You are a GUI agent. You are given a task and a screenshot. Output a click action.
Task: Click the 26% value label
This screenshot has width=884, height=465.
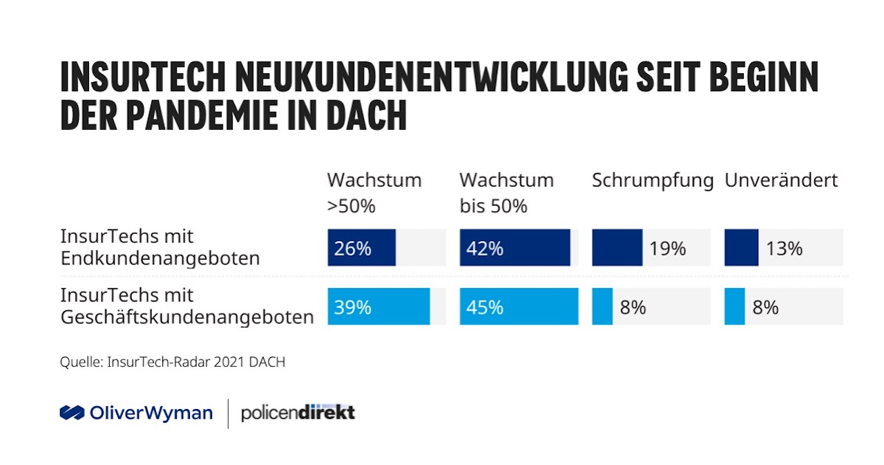click(x=353, y=248)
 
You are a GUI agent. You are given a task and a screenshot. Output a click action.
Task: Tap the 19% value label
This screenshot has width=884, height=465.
click(x=667, y=248)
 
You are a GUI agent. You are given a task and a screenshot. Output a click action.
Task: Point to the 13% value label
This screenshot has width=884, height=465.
click(x=784, y=248)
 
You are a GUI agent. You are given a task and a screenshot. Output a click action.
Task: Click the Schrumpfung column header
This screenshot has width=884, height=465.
click(x=652, y=181)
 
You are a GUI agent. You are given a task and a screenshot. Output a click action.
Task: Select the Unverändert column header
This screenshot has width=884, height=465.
click(x=780, y=181)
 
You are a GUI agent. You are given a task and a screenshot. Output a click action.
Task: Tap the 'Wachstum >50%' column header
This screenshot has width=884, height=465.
click(x=374, y=193)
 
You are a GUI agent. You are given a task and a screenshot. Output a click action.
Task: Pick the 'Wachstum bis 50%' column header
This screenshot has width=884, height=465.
click(x=506, y=193)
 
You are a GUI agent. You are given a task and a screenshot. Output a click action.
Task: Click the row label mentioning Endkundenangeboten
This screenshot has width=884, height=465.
click(x=160, y=247)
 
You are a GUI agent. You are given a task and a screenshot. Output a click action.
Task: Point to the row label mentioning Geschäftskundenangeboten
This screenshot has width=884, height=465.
click(x=186, y=306)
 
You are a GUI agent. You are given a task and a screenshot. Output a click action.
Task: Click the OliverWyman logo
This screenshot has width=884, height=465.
click(x=136, y=413)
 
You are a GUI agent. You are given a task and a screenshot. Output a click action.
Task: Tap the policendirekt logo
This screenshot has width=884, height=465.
click(x=298, y=413)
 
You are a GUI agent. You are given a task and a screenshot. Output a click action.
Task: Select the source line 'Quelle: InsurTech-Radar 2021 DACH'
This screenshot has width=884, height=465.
click(x=172, y=362)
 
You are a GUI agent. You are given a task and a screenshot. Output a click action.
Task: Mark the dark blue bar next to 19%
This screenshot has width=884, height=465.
click(x=617, y=248)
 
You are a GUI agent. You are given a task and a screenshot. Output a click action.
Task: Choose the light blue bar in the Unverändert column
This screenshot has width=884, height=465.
click(x=734, y=307)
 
